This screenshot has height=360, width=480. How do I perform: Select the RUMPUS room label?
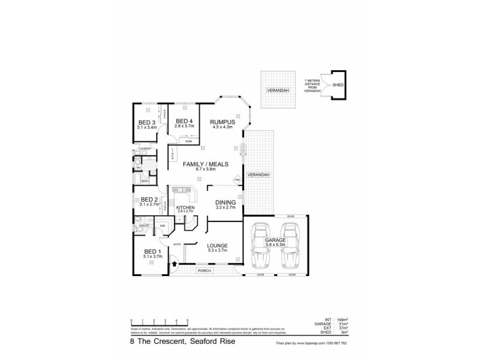click(221, 122)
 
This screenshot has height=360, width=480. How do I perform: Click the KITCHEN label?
click(185, 208)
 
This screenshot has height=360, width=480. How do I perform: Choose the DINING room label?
click(226, 203)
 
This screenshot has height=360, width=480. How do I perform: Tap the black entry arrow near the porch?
click(174, 262)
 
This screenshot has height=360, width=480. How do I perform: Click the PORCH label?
click(205, 271)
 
